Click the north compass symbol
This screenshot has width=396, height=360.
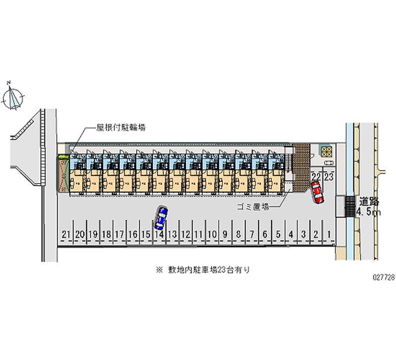13,96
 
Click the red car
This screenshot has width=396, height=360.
317,192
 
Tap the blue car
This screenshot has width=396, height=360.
161,216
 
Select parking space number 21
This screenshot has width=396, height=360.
66,234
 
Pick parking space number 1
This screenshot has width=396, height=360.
329,234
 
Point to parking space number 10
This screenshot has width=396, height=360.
212,234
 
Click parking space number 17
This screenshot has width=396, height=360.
119,234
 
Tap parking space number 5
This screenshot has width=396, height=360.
279,234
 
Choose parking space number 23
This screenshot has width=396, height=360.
328,177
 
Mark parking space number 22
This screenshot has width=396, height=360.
316,177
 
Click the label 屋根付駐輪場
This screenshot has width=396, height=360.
121,127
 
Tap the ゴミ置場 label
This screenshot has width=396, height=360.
252,207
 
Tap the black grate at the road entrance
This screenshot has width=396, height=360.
350,206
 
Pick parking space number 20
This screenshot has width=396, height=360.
79,234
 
